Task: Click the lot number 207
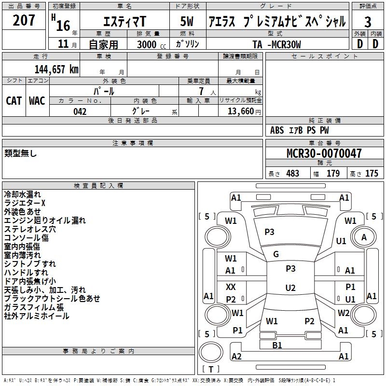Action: tap(24, 20)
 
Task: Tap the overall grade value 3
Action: tap(368, 22)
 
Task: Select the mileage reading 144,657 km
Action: tap(56, 69)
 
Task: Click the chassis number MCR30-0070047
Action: tap(324, 153)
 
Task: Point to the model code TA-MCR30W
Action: tap(276, 44)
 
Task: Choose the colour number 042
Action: tap(80, 111)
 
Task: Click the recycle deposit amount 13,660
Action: tap(241, 111)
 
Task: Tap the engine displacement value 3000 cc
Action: tap(152, 44)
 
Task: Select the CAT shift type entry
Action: tap(14, 101)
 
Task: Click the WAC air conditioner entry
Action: tap(37, 101)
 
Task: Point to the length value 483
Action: tap(293, 173)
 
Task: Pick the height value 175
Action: tap(372, 173)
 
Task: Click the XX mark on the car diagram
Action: tap(231, 287)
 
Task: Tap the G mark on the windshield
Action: tap(276, 254)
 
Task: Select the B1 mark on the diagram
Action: tap(277, 345)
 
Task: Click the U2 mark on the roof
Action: tap(290, 288)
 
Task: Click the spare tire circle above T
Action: tap(211, 352)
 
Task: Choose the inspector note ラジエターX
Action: tap(25, 203)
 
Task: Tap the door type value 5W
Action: tap(187, 21)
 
